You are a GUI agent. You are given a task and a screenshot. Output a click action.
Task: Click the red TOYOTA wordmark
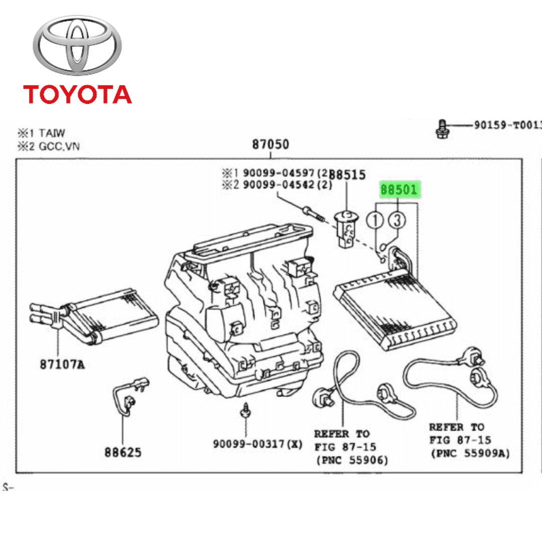click(77, 94)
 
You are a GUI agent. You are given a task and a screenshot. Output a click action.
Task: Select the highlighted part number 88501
click(399, 190)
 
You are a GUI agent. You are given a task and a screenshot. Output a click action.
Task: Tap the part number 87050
click(270, 145)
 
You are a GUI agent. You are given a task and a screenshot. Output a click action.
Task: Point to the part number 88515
click(348, 175)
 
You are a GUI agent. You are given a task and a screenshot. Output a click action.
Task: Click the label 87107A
click(62, 364)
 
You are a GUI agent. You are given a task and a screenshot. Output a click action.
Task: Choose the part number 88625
click(123, 452)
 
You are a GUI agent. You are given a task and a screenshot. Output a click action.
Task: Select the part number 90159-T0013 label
click(507, 125)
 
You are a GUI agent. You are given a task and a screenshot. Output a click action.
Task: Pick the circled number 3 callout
click(396, 220)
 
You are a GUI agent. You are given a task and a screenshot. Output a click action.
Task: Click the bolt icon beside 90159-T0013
click(442, 128)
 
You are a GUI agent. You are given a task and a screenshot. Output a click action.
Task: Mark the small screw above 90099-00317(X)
click(246, 410)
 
